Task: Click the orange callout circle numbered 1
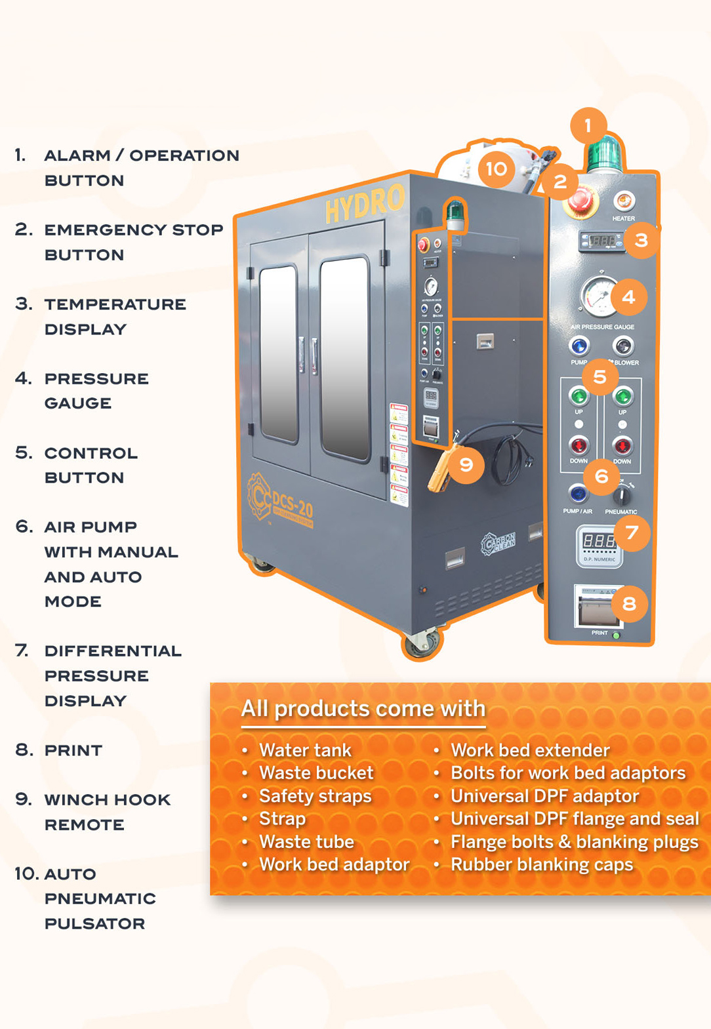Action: tap(588, 125)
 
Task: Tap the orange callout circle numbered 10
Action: tap(497, 169)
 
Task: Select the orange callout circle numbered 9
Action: tap(466, 465)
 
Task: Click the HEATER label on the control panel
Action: tap(623, 218)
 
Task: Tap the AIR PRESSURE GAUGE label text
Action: tap(602, 327)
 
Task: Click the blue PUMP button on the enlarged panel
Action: tap(579, 346)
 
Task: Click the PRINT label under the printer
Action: tap(599, 633)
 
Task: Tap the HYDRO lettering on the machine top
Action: tap(365, 204)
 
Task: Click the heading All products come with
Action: tap(363, 709)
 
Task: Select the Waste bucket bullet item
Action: tap(316, 773)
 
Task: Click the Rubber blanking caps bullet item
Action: tap(542, 864)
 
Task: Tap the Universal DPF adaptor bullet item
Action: tap(544, 796)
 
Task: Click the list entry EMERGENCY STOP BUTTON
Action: tap(133, 242)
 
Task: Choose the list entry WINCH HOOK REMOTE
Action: tap(107, 812)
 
